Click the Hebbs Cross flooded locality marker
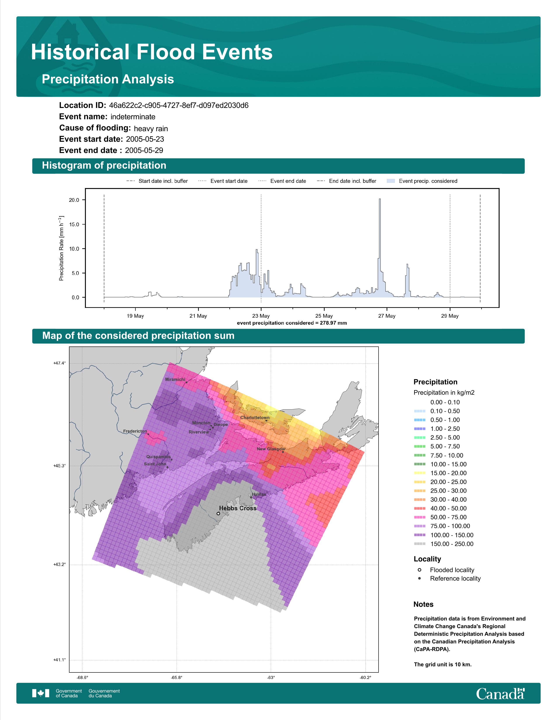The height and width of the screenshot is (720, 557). pos(218,514)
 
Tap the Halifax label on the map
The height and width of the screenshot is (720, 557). pos(258,494)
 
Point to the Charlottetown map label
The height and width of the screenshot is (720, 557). pos(255,417)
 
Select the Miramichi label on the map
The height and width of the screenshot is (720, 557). pos(175,379)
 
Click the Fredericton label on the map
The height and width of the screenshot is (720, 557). pos(135,431)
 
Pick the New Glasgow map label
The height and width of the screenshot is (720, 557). pos(271,449)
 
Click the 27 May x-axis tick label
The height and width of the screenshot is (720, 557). pos(387,316)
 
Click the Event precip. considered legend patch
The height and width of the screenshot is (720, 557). pos(391,181)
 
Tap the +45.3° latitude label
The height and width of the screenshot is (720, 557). pos(59,466)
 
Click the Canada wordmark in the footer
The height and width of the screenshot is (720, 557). pos(500,694)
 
